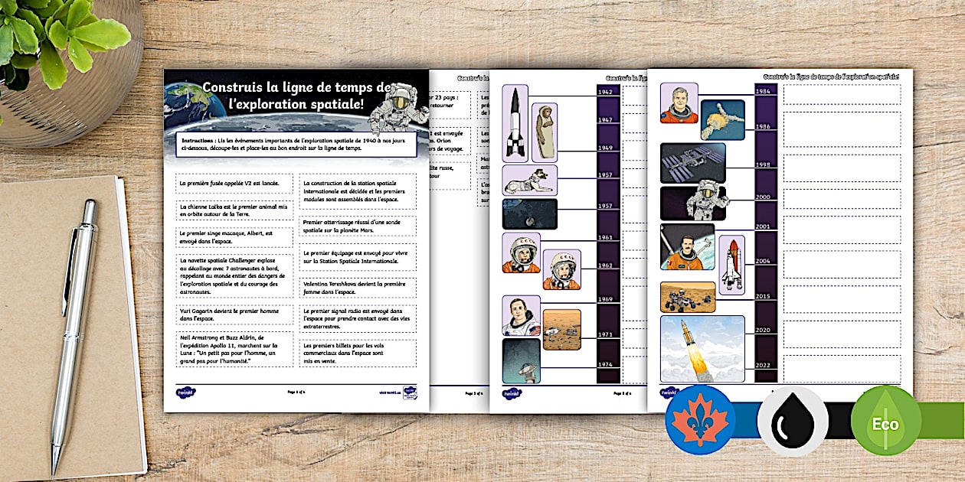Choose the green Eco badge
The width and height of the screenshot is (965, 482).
click(886, 422)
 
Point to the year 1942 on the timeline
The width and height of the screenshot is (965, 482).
click(608, 93)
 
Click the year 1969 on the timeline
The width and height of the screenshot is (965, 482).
click(608, 300)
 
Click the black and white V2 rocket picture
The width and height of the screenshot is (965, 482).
click(515, 122)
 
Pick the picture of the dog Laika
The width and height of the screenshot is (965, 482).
click(530, 180)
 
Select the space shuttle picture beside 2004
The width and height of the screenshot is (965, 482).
click(731, 265)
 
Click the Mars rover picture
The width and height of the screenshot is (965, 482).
click(688, 297)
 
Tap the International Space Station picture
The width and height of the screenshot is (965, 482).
click(692, 162)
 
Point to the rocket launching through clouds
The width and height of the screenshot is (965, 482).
click(702, 349)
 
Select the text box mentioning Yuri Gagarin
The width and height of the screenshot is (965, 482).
click(234, 314)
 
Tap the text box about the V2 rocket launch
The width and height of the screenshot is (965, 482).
click(234, 184)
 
